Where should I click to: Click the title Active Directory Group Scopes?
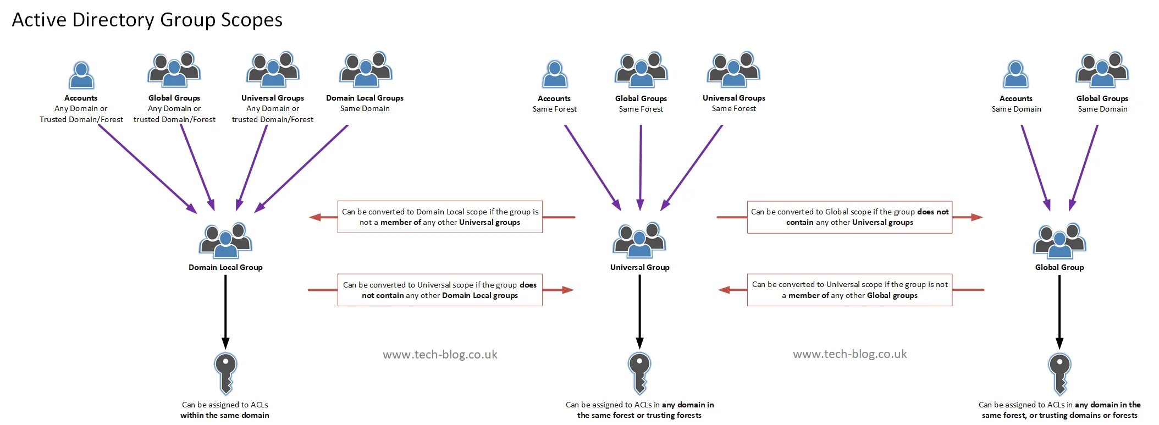pyautogui.click(x=147, y=20)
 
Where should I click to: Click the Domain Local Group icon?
pyautogui.click(x=225, y=240)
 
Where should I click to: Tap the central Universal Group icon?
pyautogui.click(x=639, y=240)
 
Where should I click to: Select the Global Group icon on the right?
pyautogui.click(x=1059, y=240)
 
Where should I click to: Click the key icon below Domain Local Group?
pyautogui.click(x=225, y=373)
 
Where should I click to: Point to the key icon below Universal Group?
pyautogui.click(x=639, y=373)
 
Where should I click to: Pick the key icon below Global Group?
pyautogui.click(x=1059, y=373)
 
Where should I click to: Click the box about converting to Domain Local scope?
pyautogui.click(x=440, y=217)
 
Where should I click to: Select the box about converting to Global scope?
pyautogui.click(x=849, y=217)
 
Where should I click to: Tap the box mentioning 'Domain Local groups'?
pyautogui.click(x=440, y=290)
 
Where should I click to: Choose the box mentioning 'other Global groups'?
pyautogui.click(x=849, y=290)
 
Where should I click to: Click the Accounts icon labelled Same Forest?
pyautogui.click(x=554, y=75)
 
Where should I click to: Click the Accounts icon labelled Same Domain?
pyautogui.click(x=1015, y=75)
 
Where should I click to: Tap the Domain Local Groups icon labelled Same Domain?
pyautogui.click(x=366, y=70)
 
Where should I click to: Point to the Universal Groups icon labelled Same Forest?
pyautogui.click(x=733, y=70)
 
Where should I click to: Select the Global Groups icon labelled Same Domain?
pyautogui.click(x=1102, y=70)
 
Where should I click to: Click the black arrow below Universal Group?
pyautogui.click(x=639, y=311)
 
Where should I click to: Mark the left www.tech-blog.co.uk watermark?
pyautogui.click(x=440, y=355)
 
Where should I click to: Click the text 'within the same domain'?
pyautogui.click(x=225, y=415)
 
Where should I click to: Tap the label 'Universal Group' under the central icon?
pyautogui.click(x=639, y=267)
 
